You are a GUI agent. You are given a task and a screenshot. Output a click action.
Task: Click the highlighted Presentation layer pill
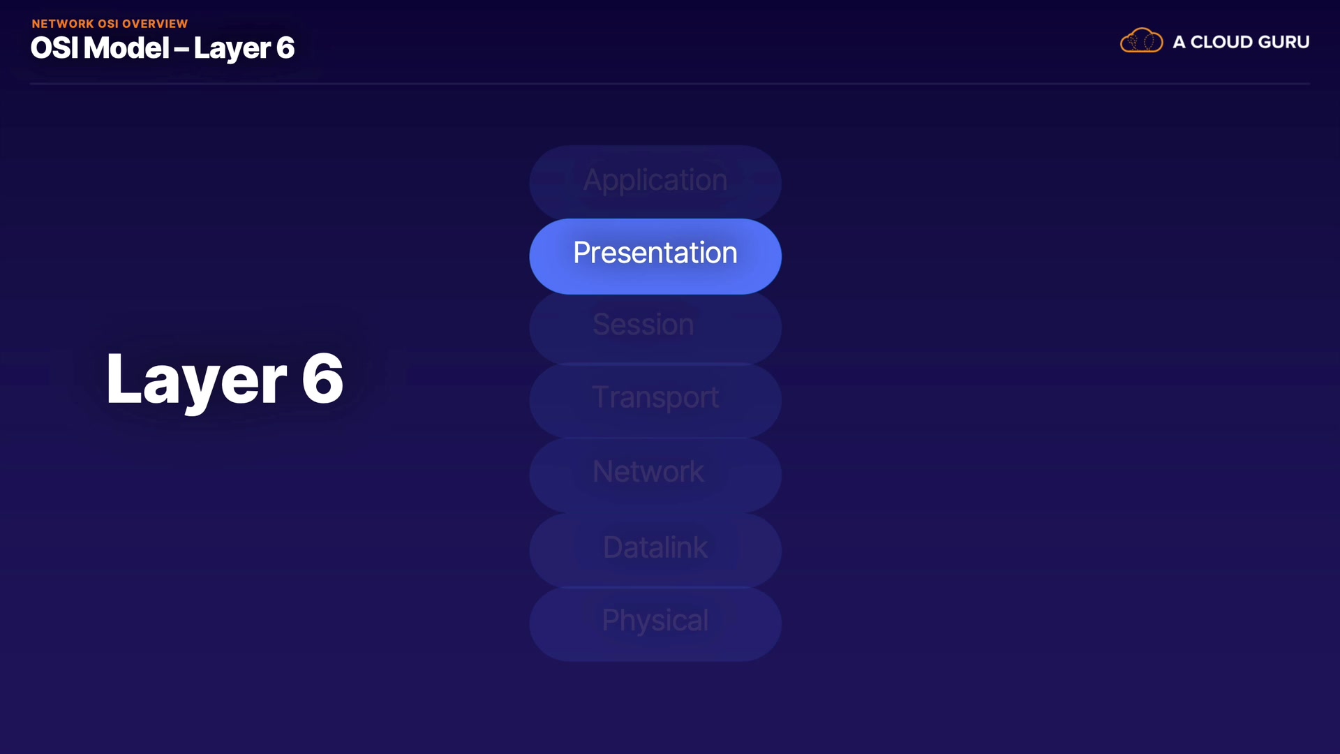point(655,256)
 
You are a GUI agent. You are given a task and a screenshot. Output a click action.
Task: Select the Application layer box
point(655,182)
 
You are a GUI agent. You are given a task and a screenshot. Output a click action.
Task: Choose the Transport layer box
point(655,401)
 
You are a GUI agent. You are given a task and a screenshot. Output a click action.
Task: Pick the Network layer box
point(655,475)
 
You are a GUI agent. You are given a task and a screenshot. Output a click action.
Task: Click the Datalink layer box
point(655,549)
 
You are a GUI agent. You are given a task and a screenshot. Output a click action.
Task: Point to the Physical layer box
point(655,623)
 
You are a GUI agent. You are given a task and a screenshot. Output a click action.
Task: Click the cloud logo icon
point(1141,40)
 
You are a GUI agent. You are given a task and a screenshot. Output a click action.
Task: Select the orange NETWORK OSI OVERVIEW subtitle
point(110,24)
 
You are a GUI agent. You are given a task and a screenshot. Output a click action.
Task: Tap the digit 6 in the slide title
point(285,48)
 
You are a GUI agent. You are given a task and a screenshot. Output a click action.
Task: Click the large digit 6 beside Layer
point(322,378)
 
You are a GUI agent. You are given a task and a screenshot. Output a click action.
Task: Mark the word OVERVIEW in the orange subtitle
point(155,24)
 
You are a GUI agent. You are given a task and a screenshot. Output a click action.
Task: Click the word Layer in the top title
point(232,49)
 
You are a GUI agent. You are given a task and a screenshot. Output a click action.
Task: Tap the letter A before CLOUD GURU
point(1179,42)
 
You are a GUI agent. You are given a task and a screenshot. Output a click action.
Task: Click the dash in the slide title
point(181,50)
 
